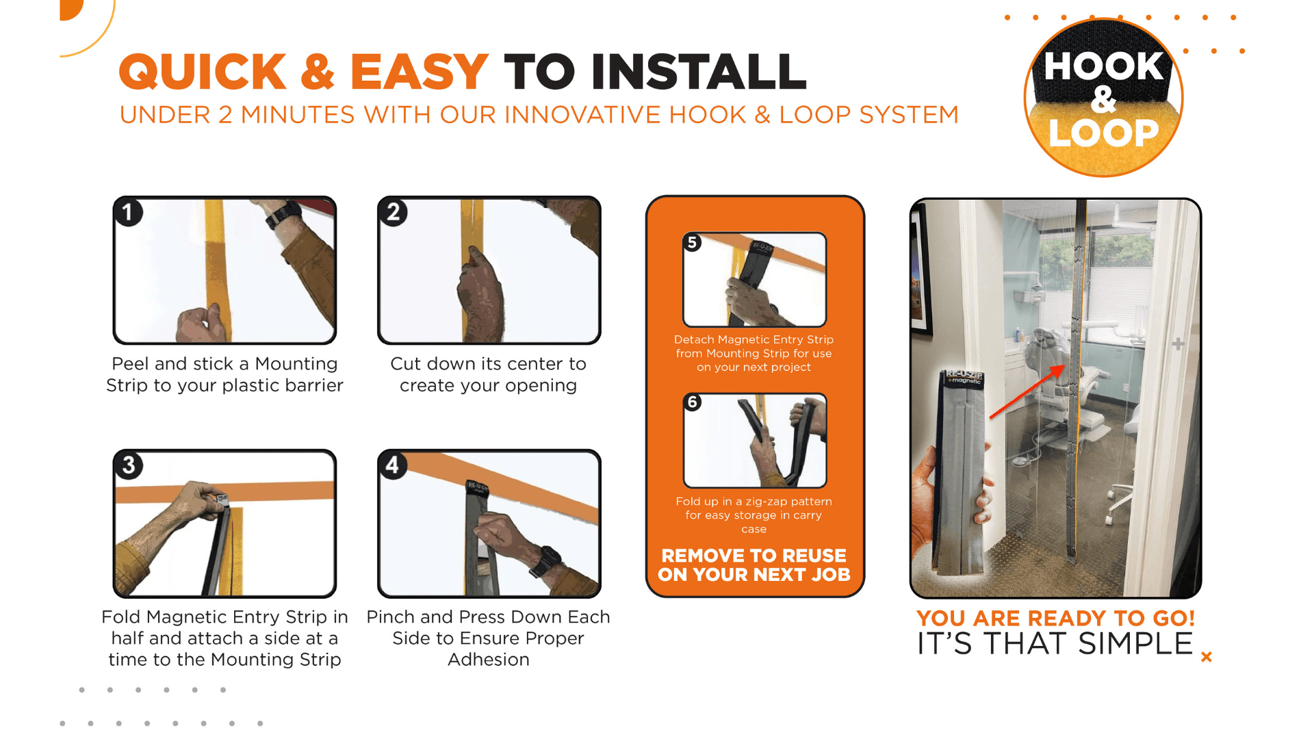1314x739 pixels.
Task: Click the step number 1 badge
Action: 128,212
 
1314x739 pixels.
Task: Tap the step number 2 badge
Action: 393,212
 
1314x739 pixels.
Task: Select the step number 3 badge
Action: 129,465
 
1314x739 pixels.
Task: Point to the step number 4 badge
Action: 392,465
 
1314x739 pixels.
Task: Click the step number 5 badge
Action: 693,242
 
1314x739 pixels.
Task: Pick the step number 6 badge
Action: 693,402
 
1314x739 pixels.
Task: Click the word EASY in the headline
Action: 419,72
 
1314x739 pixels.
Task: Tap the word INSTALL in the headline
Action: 699,72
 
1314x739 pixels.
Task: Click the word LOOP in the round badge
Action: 1103,133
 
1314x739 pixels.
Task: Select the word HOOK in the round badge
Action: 1103,66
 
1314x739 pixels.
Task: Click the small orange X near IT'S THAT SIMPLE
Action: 1207,657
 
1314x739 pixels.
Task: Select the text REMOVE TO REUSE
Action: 754,556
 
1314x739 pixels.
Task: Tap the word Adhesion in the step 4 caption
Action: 489,660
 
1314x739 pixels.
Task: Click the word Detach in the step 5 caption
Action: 694,339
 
